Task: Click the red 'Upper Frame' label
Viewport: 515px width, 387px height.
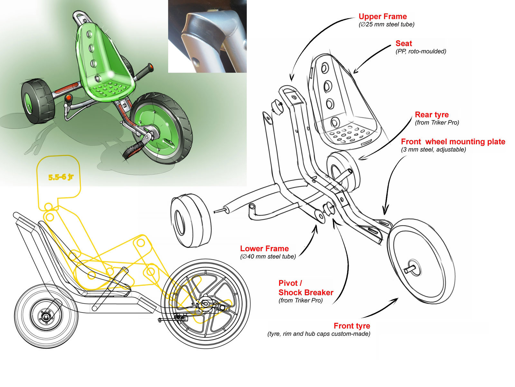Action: tap(382, 16)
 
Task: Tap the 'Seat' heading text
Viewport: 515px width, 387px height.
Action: tap(404, 44)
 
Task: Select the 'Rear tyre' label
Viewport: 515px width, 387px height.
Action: tap(431, 115)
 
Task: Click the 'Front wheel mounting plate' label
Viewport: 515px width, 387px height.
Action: tap(453, 142)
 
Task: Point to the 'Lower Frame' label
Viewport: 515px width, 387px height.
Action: tap(264, 249)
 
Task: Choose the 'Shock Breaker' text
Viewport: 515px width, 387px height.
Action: tap(306, 293)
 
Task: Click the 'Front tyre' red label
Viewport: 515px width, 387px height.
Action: tap(352, 326)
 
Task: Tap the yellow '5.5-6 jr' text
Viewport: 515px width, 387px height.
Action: tap(61, 177)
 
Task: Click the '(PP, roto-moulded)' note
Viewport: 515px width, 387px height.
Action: tap(421, 51)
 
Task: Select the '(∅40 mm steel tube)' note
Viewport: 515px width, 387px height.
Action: tap(268, 257)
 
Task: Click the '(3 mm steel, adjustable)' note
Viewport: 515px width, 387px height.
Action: tap(433, 150)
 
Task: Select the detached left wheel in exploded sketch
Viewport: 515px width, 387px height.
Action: tap(191, 221)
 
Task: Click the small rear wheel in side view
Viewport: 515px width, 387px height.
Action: tap(46, 316)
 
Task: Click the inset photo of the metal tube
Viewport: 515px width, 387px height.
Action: tap(207, 36)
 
